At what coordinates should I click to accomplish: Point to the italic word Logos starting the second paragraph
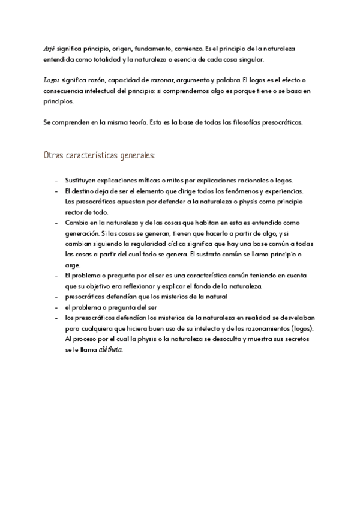(x=52, y=79)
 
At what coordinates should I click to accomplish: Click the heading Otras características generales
(x=100, y=155)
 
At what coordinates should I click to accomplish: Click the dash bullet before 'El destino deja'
(x=56, y=191)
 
